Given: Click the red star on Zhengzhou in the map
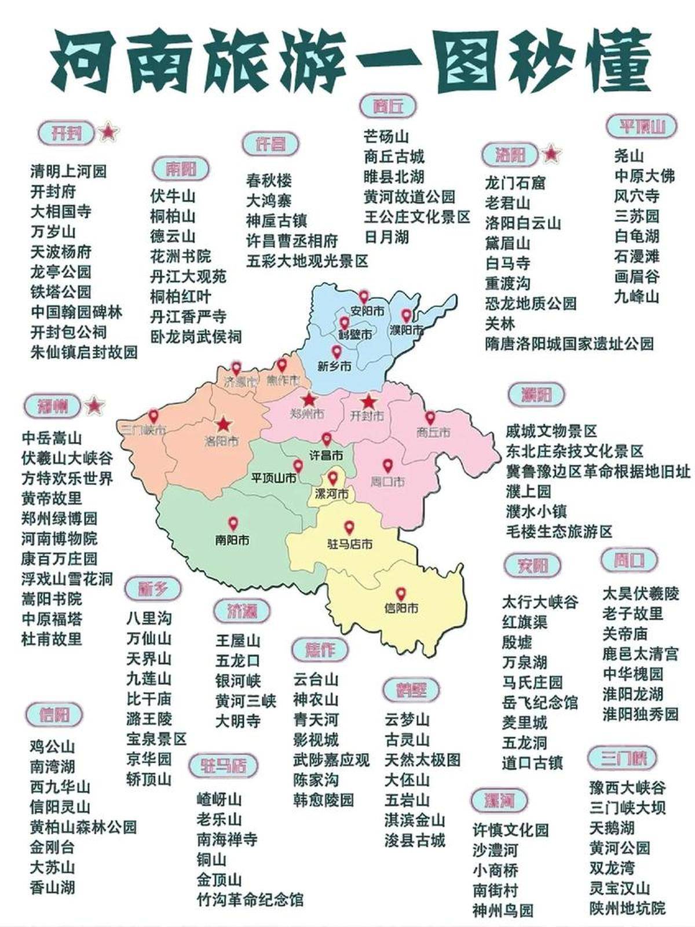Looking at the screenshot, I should (x=309, y=399).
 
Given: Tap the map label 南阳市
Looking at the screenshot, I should (x=232, y=540).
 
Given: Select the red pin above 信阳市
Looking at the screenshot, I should (x=401, y=594).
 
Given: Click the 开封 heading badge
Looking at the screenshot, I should (x=65, y=133).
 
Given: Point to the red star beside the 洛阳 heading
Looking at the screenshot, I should (x=551, y=154).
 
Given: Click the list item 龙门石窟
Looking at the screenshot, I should (x=515, y=183).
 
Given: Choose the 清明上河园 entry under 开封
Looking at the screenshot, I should (x=68, y=171).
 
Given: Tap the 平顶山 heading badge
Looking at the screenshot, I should (x=641, y=126).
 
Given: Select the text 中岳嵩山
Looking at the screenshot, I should (x=52, y=439).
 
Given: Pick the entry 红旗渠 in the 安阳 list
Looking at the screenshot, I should (x=525, y=622).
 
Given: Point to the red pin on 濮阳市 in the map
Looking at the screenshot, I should (x=407, y=316).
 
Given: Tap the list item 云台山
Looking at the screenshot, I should (x=316, y=680).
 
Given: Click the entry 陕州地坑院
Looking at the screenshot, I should (x=628, y=908).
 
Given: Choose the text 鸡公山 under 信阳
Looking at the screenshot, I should (x=53, y=747).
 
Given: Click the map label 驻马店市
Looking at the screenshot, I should (x=350, y=544).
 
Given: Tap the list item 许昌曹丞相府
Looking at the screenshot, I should (x=292, y=240).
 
